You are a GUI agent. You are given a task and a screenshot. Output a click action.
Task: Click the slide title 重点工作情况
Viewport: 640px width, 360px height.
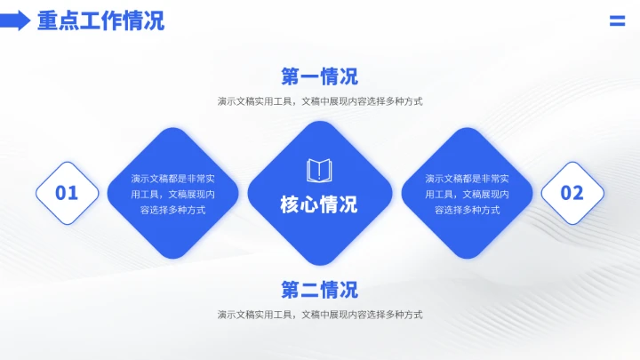click(100, 21)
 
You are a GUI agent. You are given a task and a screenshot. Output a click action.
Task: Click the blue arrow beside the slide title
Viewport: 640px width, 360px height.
click(15, 21)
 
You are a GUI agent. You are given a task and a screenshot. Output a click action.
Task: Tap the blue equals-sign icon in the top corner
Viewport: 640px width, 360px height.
click(617, 21)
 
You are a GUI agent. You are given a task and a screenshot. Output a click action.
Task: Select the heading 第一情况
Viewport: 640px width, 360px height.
click(320, 76)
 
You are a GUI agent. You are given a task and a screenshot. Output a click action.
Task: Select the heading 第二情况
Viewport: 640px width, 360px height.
click(320, 290)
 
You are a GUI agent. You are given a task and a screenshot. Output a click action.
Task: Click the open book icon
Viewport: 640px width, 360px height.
click(319, 170)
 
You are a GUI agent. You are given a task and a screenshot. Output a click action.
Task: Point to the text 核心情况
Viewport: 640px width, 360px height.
click(319, 204)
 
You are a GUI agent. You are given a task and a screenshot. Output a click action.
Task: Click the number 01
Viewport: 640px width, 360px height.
click(67, 193)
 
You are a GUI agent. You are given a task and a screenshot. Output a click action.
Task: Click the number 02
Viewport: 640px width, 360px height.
click(572, 193)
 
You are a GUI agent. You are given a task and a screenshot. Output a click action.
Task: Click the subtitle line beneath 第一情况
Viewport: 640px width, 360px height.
click(320, 101)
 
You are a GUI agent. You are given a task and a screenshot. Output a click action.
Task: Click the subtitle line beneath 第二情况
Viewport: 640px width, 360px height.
click(320, 315)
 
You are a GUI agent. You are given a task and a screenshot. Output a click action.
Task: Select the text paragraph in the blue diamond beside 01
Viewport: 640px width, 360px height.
click(172, 194)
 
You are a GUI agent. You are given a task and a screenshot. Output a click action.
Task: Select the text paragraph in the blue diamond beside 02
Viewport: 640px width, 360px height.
click(467, 194)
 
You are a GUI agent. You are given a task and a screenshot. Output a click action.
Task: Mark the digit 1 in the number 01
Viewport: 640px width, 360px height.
click(74, 193)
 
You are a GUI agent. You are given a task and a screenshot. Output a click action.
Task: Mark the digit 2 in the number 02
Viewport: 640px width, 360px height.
click(579, 193)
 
